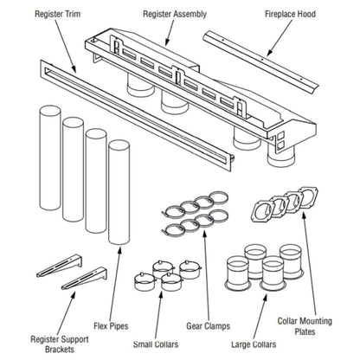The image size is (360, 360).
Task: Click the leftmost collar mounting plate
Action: coord(262,210)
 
